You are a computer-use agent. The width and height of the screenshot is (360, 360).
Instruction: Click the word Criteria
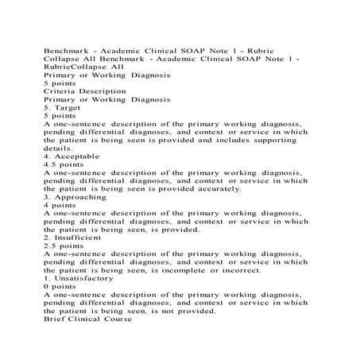click(x=60, y=91)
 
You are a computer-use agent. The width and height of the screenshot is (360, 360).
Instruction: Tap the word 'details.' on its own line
click(x=60, y=149)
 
